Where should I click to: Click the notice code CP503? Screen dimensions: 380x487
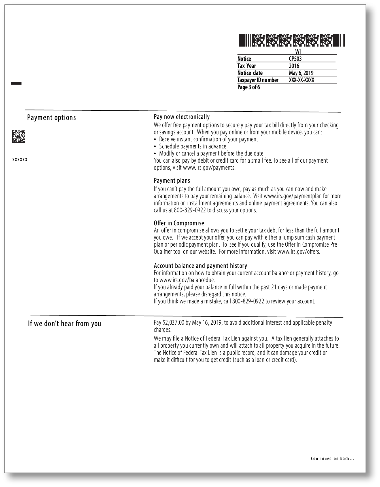point(295,59)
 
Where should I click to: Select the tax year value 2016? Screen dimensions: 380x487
point(294,66)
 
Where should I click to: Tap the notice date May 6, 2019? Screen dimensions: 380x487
point(301,73)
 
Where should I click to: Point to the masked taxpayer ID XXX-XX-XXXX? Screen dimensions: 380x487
point(301,80)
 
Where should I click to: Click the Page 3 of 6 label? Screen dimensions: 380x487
point(249,87)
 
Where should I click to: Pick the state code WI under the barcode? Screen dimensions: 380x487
point(298,52)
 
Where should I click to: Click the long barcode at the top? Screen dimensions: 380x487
point(292,40)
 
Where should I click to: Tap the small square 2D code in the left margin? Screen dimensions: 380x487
point(18,136)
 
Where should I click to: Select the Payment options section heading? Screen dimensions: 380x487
point(52,117)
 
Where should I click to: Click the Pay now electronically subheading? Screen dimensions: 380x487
point(182,117)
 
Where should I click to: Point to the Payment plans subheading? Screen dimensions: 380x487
point(172,180)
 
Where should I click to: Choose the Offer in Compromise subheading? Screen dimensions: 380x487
point(179,223)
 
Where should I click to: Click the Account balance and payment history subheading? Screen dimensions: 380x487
point(200,266)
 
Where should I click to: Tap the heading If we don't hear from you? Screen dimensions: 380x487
point(64,324)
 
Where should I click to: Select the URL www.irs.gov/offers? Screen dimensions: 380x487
point(298,252)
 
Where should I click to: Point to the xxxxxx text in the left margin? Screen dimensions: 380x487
point(20,159)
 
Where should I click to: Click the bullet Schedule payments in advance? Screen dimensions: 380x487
point(192,146)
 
